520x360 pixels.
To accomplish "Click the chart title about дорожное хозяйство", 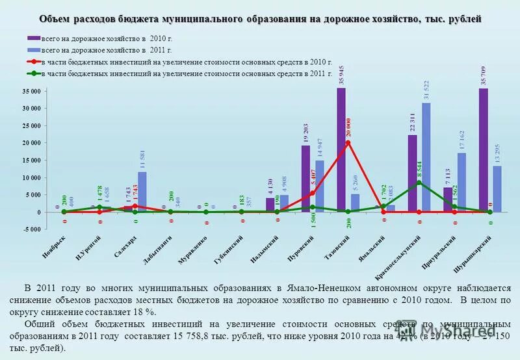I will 260,19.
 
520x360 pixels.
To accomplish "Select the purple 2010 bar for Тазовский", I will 341,149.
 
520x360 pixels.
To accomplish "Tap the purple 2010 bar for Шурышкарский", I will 483,150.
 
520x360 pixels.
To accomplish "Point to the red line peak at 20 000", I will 348,142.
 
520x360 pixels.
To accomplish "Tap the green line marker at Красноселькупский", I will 419,183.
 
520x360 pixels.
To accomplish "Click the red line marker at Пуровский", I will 312,193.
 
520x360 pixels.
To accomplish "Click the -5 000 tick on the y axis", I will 31,229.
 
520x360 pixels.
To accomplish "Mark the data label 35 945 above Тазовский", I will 342,75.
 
